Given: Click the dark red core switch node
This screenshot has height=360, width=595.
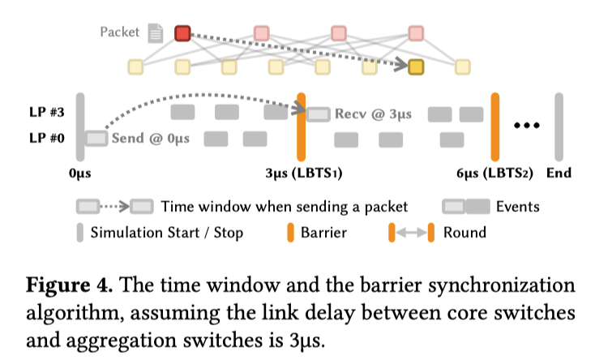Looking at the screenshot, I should coord(182,33).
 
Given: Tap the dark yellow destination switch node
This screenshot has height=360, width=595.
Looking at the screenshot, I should coord(416,66).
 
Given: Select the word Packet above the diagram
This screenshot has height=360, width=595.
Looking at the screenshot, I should coord(120,32).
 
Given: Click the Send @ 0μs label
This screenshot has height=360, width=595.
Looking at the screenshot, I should coord(151,139).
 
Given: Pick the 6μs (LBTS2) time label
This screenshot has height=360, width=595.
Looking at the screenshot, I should coord(495,173).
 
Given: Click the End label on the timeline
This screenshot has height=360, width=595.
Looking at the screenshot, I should coord(559,173).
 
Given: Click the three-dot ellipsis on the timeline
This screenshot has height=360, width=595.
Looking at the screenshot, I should coord(527,126).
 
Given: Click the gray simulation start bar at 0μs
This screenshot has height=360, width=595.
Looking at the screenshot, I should coord(80,126).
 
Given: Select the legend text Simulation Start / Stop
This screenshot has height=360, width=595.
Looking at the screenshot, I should coord(166,233).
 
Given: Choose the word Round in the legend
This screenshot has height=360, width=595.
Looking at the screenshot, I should coord(464,233).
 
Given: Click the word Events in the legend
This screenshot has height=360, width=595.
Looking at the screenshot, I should coord(517,206).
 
